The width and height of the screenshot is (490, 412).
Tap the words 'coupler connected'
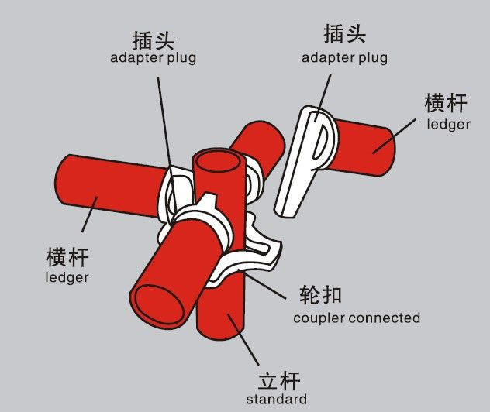[x=357, y=318]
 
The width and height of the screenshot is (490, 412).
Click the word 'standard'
[x=276, y=400]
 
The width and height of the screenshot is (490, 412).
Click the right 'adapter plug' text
[x=344, y=58]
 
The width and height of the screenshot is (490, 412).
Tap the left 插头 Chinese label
[x=153, y=37]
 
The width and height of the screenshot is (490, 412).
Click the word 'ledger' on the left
[x=67, y=277]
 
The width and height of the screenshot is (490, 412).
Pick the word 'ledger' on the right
[x=449, y=124]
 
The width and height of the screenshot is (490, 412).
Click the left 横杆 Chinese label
[x=67, y=256]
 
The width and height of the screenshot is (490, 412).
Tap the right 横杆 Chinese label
[x=447, y=103]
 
